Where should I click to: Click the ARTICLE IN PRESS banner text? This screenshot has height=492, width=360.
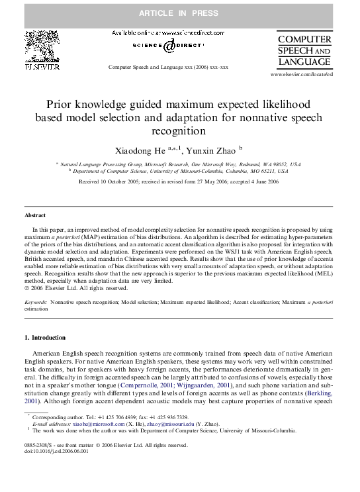click(x=179, y=13)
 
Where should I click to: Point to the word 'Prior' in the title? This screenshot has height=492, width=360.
click(x=59, y=105)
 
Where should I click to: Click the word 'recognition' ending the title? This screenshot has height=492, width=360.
click(x=179, y=131)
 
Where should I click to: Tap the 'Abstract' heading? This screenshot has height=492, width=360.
click(x=34, y=216)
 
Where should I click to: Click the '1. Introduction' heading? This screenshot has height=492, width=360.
click(x=44, y=338)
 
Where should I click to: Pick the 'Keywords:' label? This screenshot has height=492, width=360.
click(x=36, y=301)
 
